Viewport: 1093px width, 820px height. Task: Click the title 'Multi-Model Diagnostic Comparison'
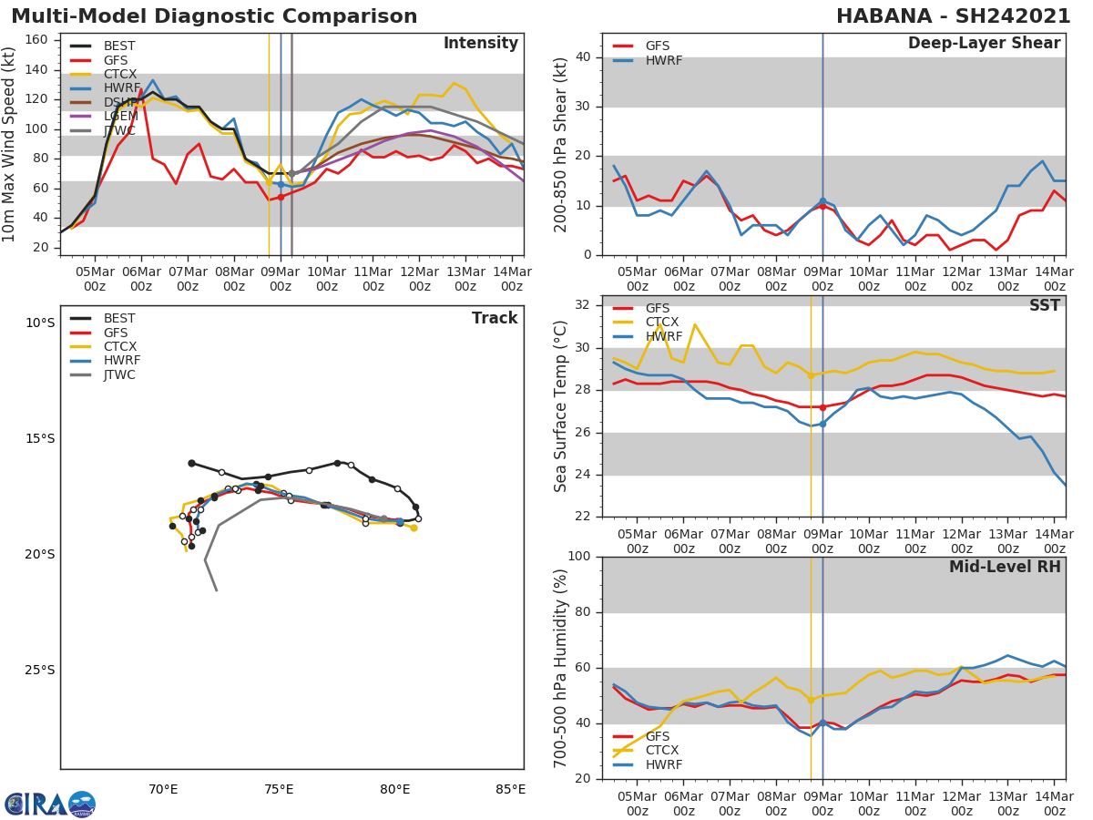click(214, 16)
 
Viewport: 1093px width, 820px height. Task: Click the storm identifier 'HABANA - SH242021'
click(954, 16)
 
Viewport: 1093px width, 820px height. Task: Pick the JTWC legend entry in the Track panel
click(119, 374)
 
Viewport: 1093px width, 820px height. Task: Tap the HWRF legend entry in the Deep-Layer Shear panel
click(663, 60)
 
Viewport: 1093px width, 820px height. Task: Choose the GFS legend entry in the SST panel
click(657, 309)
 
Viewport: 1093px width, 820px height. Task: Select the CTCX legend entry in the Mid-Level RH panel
click(663, 751)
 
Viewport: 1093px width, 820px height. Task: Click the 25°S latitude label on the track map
click(39, 671)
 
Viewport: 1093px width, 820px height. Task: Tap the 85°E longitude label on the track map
click(510, 789)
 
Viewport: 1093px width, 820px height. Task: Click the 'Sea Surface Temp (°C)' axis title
click(561, 406)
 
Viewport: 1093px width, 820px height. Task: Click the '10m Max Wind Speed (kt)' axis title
click(10, 144)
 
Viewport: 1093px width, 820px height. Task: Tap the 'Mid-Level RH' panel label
click(1005, 568)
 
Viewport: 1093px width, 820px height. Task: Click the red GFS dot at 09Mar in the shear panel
click(822, 206)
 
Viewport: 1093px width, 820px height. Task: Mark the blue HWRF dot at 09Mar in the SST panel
click(822, 424)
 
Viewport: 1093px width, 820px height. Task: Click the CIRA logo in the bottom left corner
click(49, 804)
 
